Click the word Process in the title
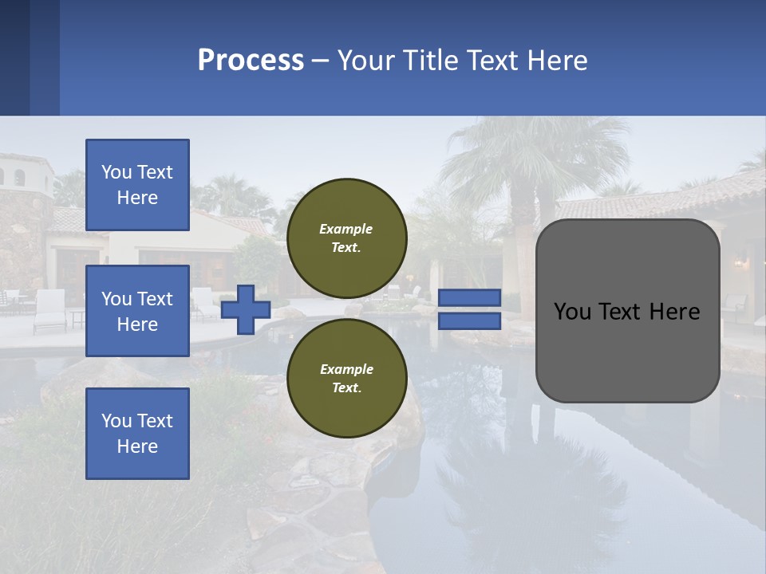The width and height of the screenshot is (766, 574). [251, 61]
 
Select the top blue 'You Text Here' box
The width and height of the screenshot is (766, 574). [137, 185]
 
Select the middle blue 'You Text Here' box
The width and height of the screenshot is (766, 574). [137, 311]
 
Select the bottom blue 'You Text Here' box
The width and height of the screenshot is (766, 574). [137, 434]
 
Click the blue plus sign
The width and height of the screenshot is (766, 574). [245, 310]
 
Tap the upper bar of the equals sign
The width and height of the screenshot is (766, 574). [469, 298]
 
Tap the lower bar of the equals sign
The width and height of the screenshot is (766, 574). [469, 321]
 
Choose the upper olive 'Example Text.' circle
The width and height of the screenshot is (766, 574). [346, 238]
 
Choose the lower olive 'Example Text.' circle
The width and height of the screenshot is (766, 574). [346, 378]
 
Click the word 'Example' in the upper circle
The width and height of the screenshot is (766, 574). [346, 229]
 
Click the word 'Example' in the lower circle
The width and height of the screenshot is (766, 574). [346, 369]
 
